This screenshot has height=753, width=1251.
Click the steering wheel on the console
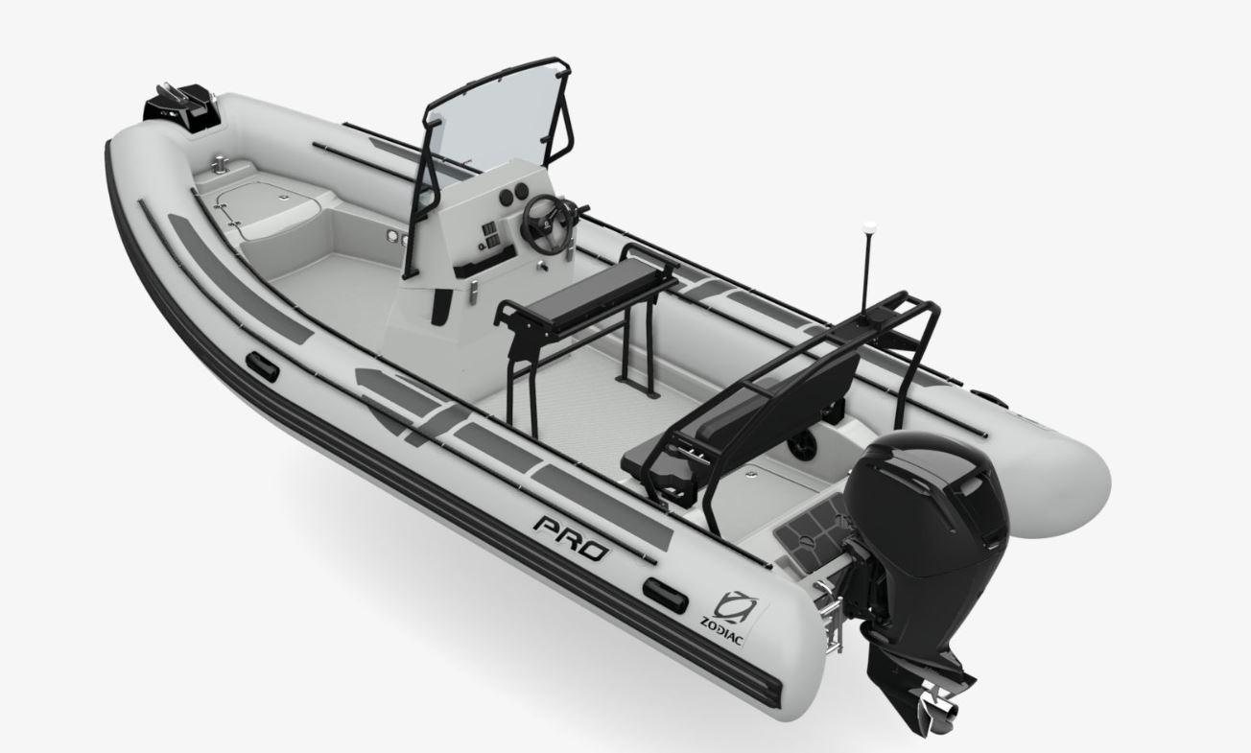coord(545,224)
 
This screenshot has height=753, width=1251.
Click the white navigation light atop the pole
coord(869,228)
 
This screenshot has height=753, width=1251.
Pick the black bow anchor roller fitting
coord(180,109)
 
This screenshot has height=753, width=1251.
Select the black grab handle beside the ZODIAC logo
coord(665,595)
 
